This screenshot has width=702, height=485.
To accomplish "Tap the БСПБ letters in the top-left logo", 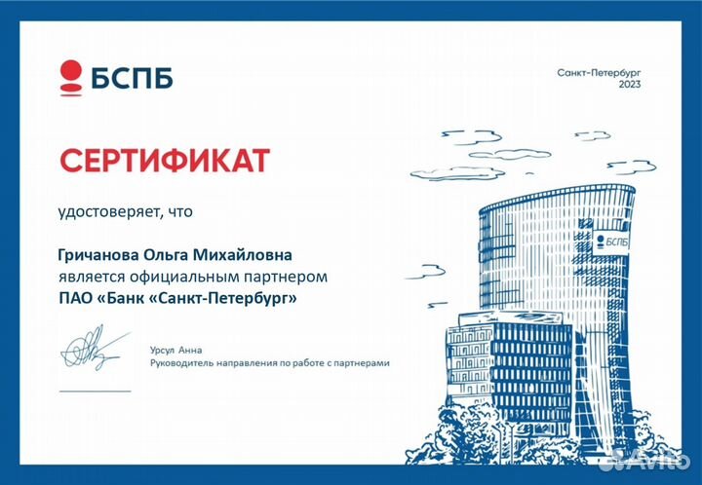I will click(x=133, y=77).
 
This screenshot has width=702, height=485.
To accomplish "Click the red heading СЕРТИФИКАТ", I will click(x=164, y=160).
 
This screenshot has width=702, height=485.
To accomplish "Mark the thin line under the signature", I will click(x=95, y=390).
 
